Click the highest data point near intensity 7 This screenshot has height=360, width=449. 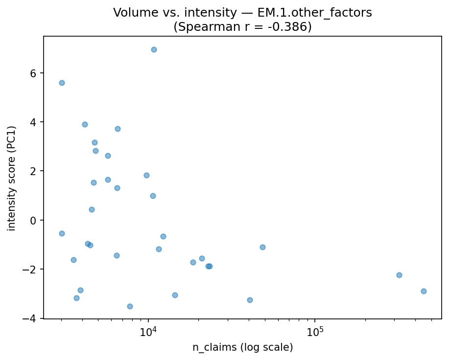point(154,49)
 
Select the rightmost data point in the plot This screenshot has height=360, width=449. point(424,291)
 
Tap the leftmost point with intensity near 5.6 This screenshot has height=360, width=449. point(62,83)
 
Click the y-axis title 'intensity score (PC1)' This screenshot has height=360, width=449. point(12,178)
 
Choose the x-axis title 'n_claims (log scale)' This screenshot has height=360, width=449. point(242,348)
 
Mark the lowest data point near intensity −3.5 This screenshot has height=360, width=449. point(130,306)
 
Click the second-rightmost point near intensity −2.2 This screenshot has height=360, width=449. point(399,275)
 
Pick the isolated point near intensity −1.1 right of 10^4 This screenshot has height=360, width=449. point(262,247)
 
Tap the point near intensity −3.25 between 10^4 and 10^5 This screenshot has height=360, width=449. point(250,300)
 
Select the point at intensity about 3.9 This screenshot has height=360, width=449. point(85,124)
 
